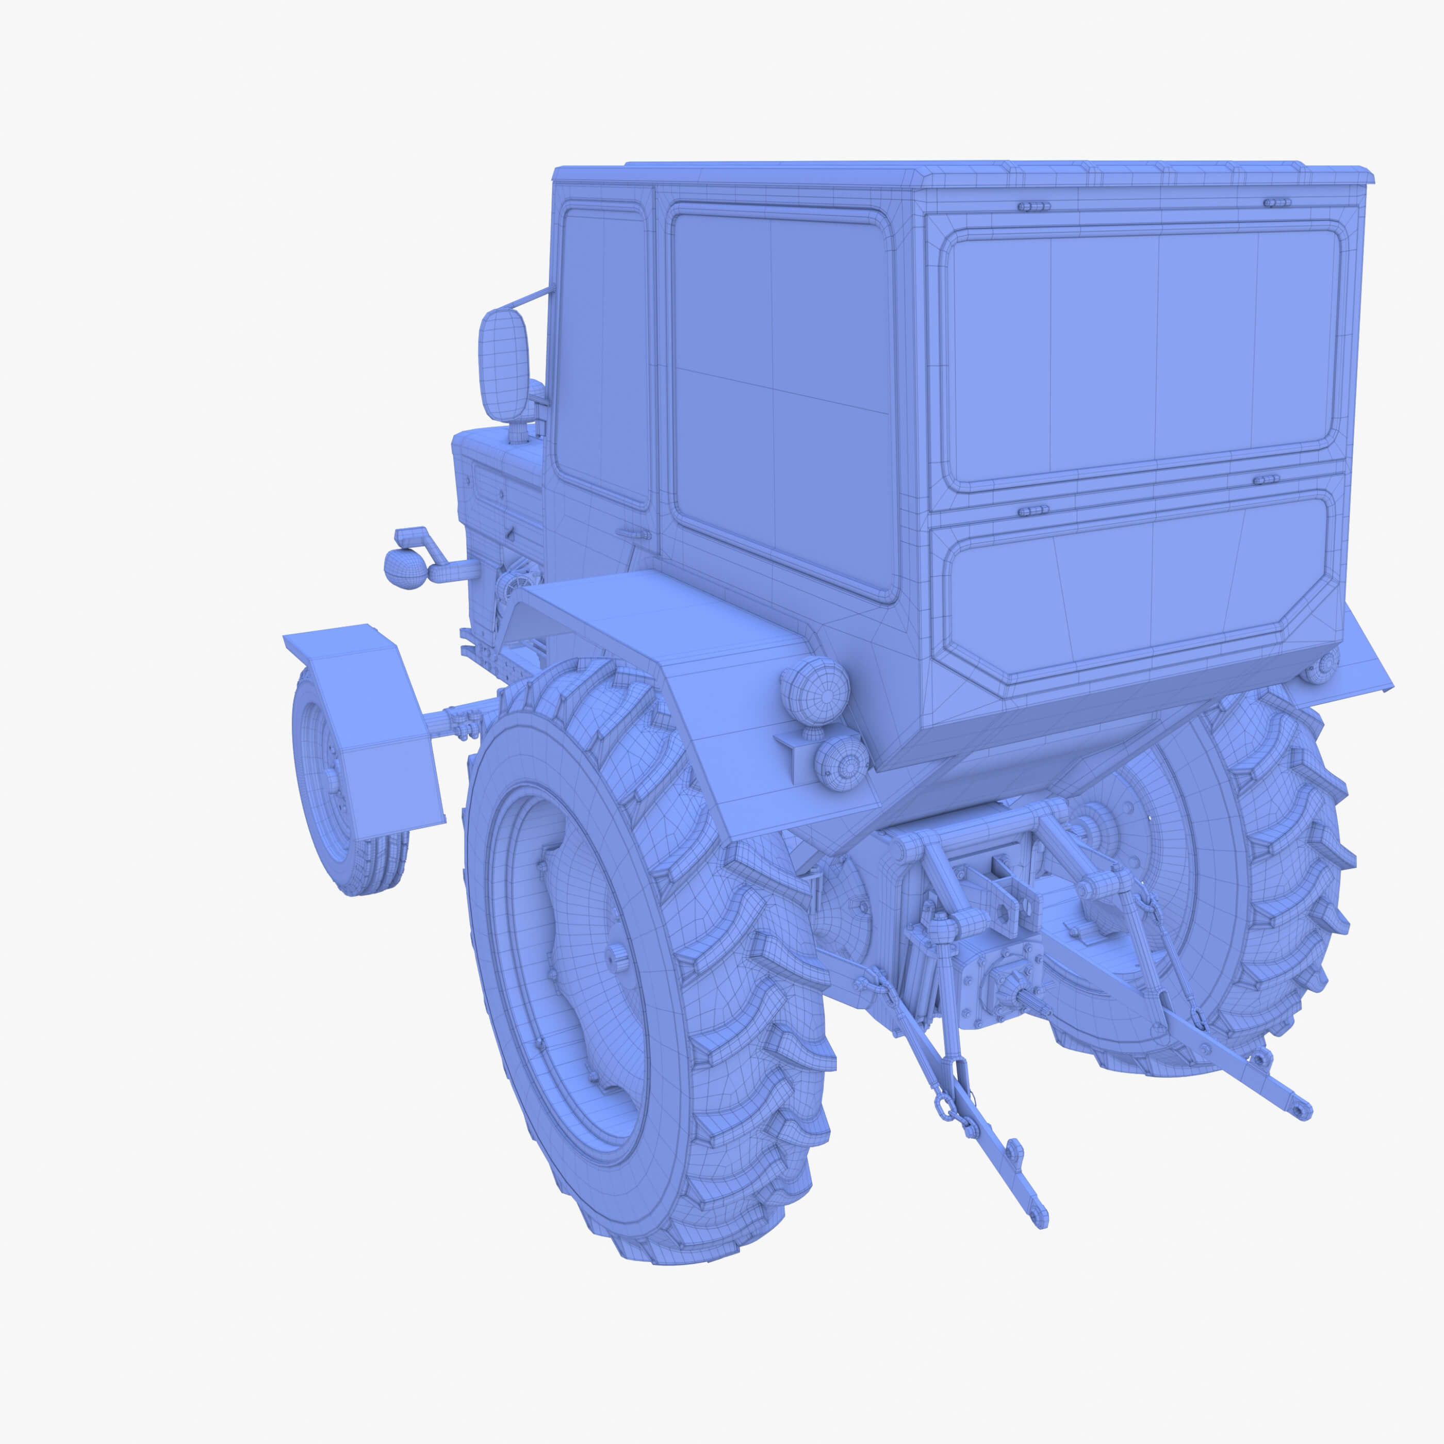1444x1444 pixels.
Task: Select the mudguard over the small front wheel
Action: (x=366, y=717)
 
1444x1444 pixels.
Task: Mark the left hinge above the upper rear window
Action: (x=1033, y=206)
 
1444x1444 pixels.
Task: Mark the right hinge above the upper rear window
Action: (x=1276, y=203)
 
